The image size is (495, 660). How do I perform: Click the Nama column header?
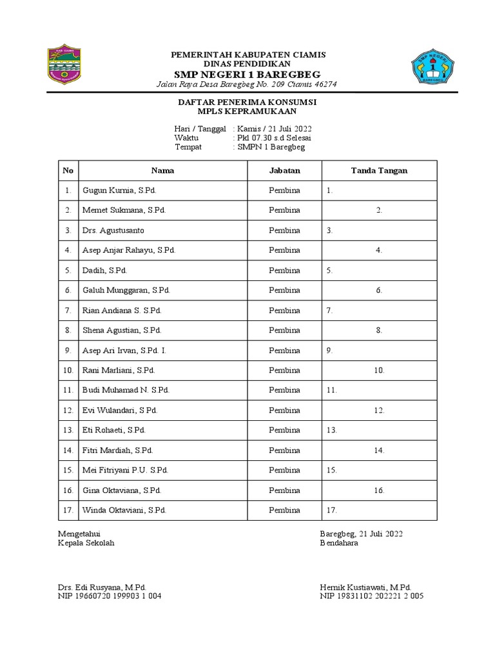pos(162,171)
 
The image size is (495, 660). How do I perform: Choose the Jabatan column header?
pos(284,171)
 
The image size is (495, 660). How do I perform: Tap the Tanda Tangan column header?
pos(379,171)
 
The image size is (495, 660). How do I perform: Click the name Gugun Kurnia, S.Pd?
pos(120,191)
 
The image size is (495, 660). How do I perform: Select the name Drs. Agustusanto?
pos(113,230)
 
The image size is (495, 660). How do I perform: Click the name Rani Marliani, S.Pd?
pos(119,370)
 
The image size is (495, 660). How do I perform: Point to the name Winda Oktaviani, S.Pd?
pos(124,510)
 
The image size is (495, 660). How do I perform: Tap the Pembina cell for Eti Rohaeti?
pos(284,430)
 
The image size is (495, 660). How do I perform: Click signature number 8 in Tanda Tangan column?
pos(380,330)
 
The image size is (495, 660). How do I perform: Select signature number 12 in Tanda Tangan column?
pos(379,410)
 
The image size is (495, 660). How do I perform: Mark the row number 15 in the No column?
pos(68,470)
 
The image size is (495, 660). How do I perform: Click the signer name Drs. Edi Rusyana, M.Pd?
pos(102,587)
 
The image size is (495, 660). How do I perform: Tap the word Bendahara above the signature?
pos(339,543)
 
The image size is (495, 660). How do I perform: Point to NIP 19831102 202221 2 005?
pos(371,596)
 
